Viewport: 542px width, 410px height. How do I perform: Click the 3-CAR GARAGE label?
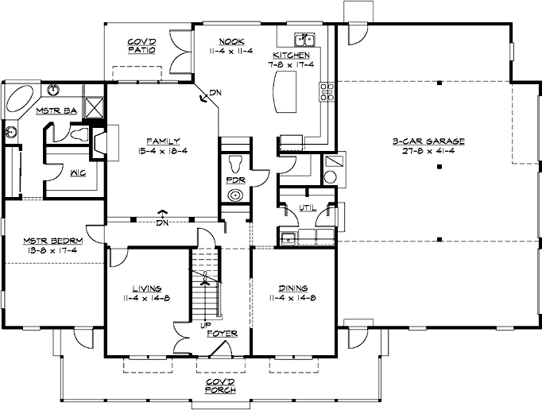[x=428, y=141]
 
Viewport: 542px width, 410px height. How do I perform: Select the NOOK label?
[x=231, y=41]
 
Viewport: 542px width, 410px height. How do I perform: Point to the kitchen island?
[x=285, y=91]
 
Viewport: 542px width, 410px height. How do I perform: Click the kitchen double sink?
[x=304, y=40]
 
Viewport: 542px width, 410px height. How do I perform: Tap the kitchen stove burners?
[x=327, y=91]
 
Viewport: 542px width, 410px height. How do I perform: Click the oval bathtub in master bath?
[x=20, y=99]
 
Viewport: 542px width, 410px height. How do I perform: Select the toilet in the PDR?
[x=237, y=164]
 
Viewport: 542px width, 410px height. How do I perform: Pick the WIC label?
[x=78, y=173]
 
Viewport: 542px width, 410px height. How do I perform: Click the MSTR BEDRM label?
[x=53, y=241]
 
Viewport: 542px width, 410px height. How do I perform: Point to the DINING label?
[x=293, y=288]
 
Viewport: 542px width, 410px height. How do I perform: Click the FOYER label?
[x=222, y=334]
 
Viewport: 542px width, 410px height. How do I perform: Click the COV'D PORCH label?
[x=221, y=386]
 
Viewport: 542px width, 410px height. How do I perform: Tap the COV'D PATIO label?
[x=141, y=46]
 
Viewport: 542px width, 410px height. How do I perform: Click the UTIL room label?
[x=308, y=207]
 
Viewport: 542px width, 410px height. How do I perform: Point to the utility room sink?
[x=287, y=238]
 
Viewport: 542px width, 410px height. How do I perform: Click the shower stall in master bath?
[x=94, y=107]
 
